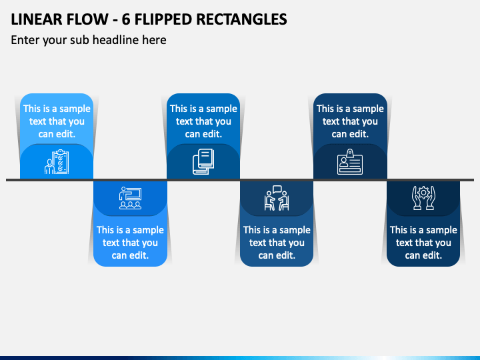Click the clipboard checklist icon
click(57, 161)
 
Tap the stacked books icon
click(203, 161)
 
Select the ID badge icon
click(350, 161)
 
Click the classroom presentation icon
click(131, 198)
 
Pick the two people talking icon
click(277, 198)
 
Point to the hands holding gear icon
click(423, 198)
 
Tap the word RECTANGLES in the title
click(241, 19)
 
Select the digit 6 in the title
click(126, 19)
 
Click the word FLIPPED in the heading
click(163, 19)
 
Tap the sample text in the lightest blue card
click(57, 121)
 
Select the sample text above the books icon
click(203, 121)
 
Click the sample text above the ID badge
click(350, 121)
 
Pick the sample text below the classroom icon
click(131, 243)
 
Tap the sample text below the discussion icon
click(277, 243)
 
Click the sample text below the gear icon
click(423, 243)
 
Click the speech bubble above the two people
click(277, 189)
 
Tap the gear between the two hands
click(423, 193)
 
